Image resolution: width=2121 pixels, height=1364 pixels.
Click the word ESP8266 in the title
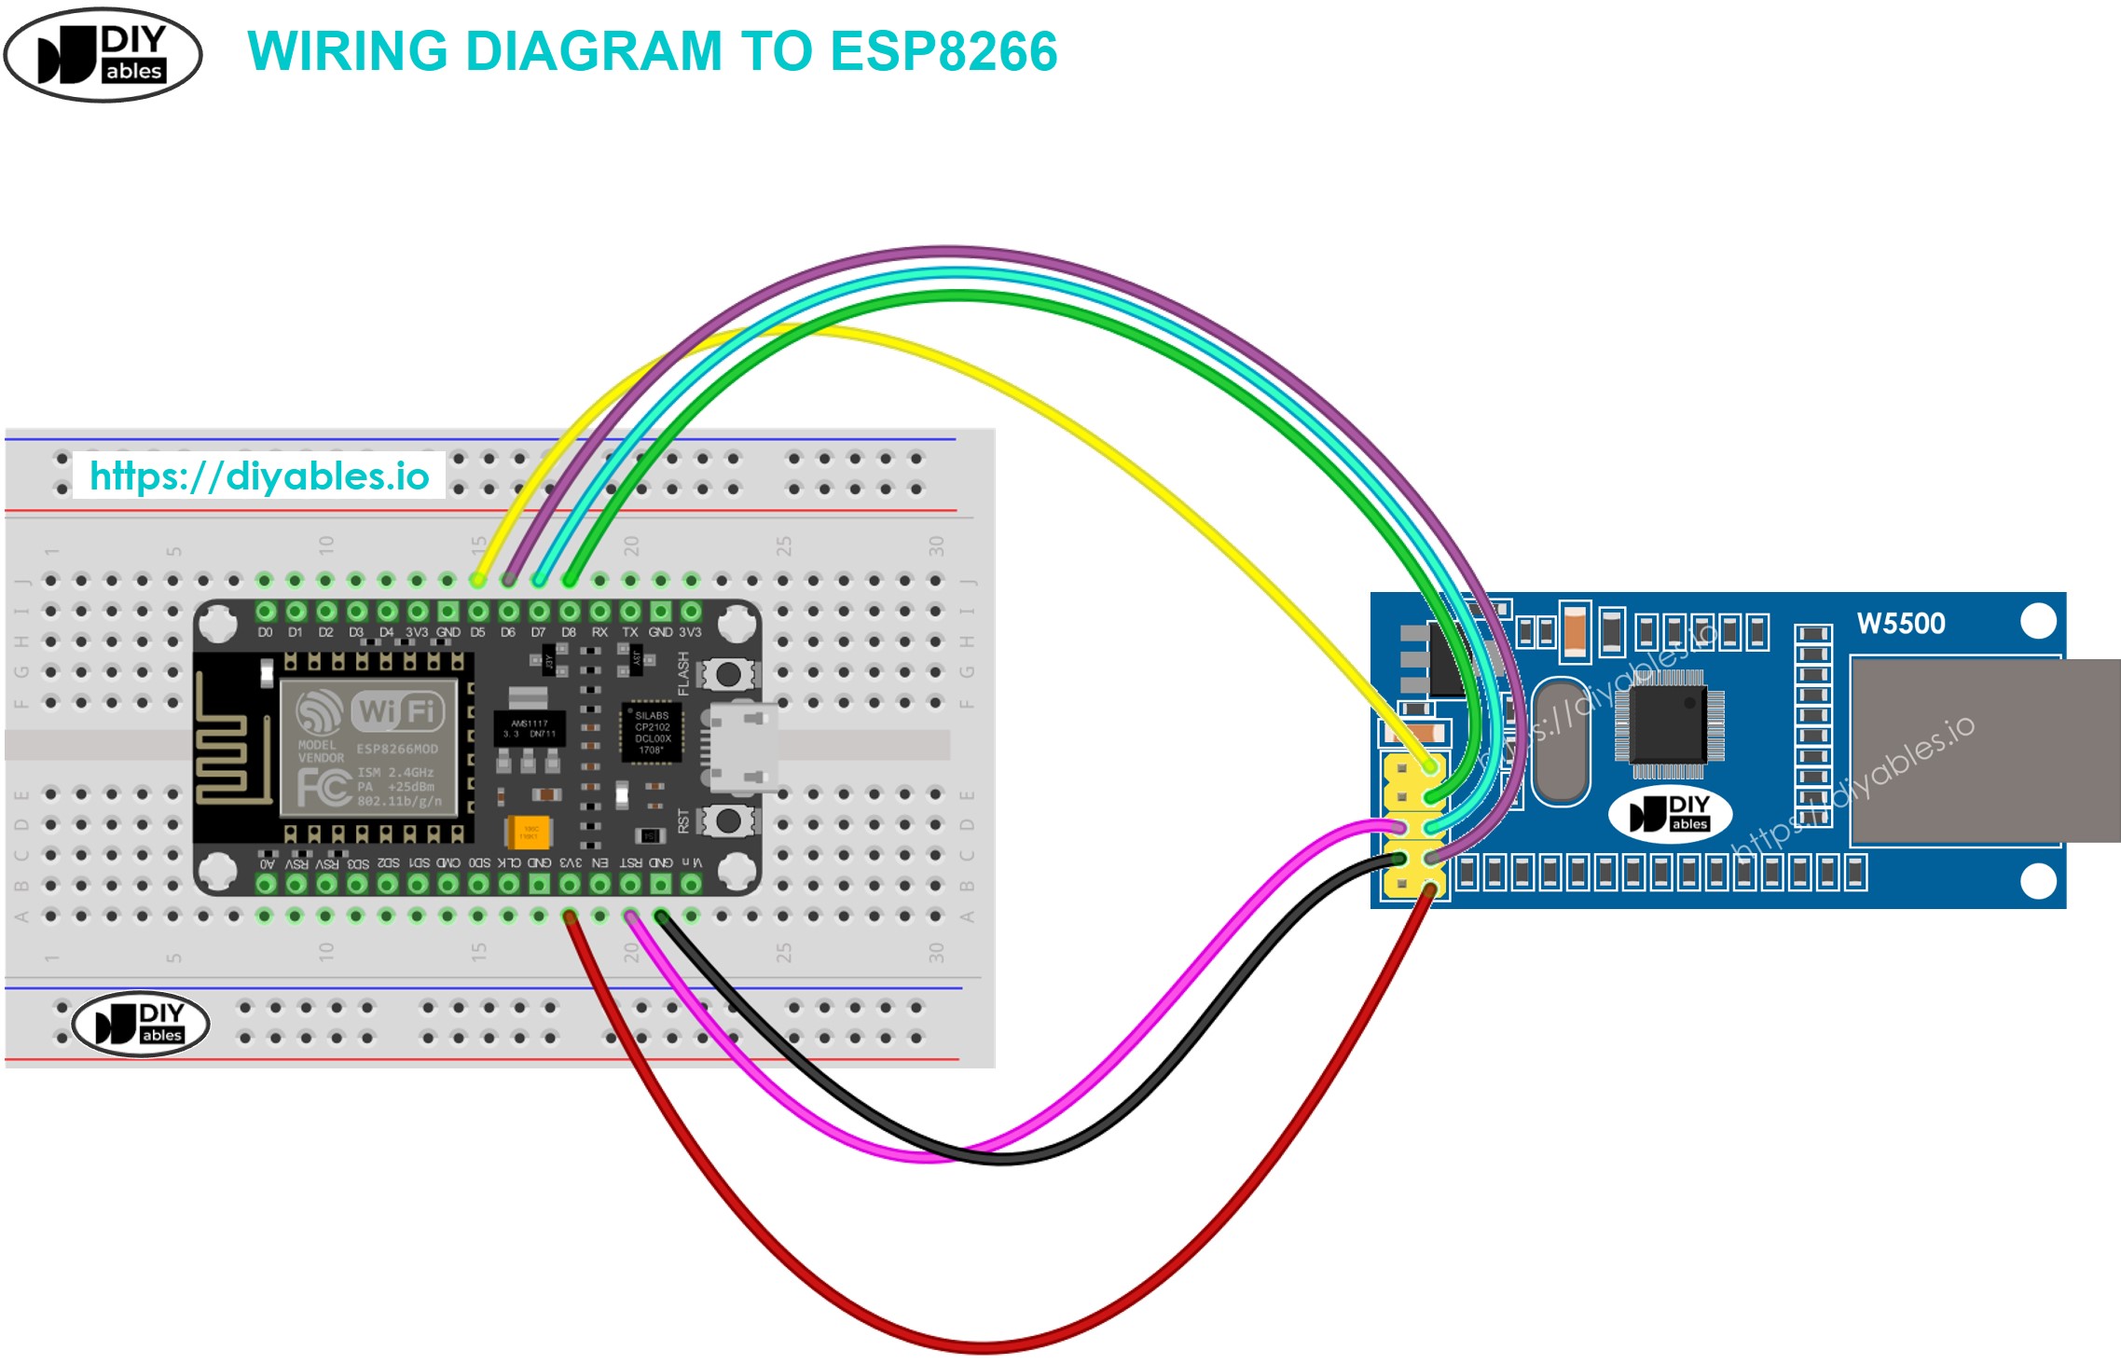click(x=943, y=51)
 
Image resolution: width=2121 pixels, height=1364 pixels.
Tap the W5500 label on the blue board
click(x=1900, y=624)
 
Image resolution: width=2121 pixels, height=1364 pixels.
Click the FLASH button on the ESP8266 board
click(x=728, y=673)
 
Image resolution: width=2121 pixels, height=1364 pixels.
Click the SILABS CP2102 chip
click(x=652, y=733)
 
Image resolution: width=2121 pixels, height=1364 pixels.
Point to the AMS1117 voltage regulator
click(x=529, y=727)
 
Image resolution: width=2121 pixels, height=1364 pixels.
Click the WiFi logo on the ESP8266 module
click(x=396, y=711)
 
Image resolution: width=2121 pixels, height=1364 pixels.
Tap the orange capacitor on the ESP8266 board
click(x=529, y=831)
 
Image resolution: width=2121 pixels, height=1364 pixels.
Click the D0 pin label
click(x=266, y=632)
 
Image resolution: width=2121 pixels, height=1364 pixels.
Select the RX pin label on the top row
click(x=599, y=632)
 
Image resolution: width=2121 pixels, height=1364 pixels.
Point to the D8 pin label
click(x=569, y=632)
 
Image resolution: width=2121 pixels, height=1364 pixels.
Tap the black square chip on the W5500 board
click(x=1668, y=723)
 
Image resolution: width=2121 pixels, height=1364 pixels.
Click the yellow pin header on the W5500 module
click(x=1413, y=825)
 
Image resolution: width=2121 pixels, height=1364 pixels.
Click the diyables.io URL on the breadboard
click(x=259, y=476)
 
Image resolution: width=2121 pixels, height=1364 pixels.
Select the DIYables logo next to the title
click(x=103, y=55)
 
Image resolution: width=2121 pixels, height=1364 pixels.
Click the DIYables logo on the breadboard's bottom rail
click(x=141, y=1023)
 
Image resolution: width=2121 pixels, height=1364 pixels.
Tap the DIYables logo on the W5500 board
click(x=1670, y=813)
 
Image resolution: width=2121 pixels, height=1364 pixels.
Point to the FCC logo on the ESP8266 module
click(x=323, y=789)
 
